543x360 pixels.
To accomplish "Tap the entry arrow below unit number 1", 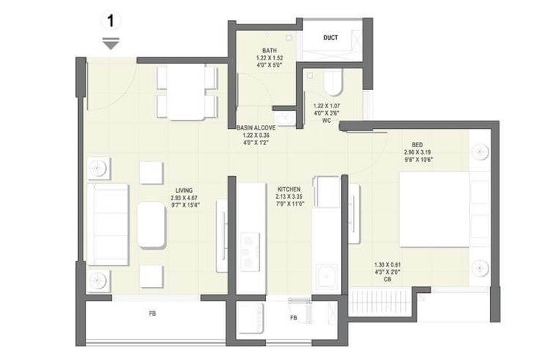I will pos(111,45).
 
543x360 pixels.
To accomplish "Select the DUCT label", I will pos(332,38).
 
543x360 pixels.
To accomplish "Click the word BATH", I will pos(260,51).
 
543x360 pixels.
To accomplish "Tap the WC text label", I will pos(325,121).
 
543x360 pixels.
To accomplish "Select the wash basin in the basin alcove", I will pos(284,118).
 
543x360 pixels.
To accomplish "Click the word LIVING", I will pos(174,191).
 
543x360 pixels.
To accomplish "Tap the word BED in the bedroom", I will pos(416,144).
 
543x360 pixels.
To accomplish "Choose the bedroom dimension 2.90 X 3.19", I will pos(416,152).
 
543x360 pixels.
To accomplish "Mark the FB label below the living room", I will pos(153,314).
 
